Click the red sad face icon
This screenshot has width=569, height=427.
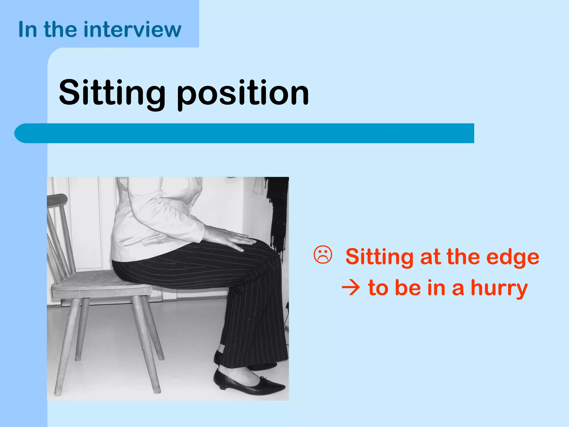323,255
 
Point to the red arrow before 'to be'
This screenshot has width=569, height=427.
351,288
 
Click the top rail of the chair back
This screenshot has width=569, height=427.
57,198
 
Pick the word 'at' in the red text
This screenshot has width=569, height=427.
430,257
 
